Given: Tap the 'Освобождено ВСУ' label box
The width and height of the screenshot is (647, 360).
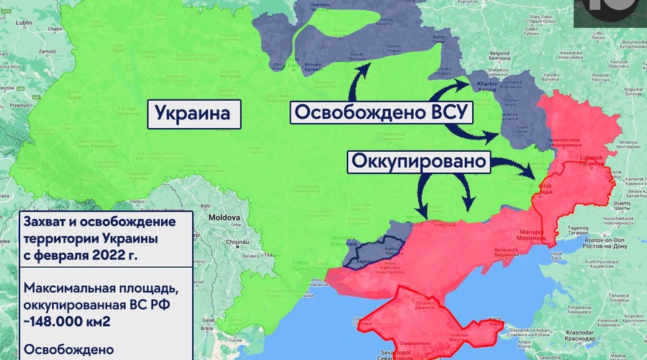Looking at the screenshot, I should [x=381, y=114].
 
